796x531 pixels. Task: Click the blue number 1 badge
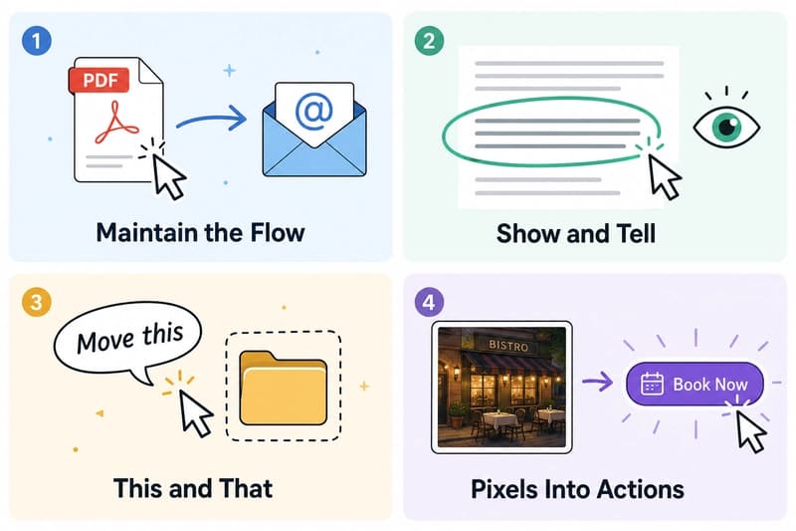point(36,41)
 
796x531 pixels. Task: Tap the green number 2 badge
point(429,41)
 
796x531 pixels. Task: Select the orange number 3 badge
point(36,302)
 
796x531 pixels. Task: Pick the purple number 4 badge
point(429,302)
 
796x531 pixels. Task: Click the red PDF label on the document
point(99,80)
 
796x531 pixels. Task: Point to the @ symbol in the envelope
point(313,111)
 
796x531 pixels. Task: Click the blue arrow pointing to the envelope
point(211,119)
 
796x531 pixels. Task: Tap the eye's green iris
point(726,126)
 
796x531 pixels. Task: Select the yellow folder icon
point(284,388)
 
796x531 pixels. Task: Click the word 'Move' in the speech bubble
point(105,341)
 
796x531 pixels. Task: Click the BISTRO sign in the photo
point(508,346)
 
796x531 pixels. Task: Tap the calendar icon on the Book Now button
point(652,385)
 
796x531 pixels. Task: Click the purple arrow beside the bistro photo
point(598,382)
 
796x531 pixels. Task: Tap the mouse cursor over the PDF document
point(168,176)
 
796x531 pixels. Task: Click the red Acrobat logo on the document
point(116,123)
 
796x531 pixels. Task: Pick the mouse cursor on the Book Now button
point(750,431)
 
